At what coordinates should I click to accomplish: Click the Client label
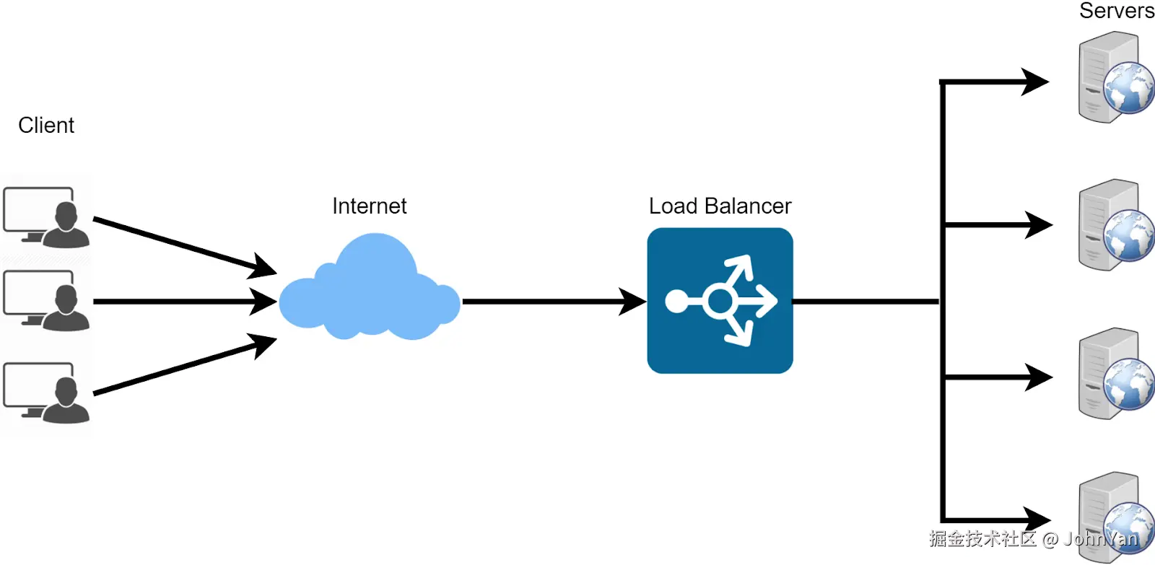pyautogui.click(x=46, y=126)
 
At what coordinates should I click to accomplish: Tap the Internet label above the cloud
pyautogui.click(x=369, y=206)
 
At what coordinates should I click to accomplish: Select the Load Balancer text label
pyautogui.click(x=720, y=206)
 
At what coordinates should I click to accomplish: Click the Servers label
pyautogui.click(x=1117, y=11)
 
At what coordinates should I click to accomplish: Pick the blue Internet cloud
pyautogui.click(x=369, y=286)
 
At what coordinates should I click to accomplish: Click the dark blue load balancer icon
pyautogui.click(x=720, y=301)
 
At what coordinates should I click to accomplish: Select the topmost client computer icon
pyautogui.click(x=46, y=217)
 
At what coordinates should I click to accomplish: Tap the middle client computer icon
pyautogui.click(x=46, y=301)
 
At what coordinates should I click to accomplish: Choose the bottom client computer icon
pyautogui.click(x=46, y=393)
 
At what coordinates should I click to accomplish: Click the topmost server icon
pyautogui.click(x=1116, y=77)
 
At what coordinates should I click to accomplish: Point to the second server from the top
pyautogui.click(x=1116, y=224)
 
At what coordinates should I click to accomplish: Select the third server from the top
pyautogui.click(x=1116, y=374)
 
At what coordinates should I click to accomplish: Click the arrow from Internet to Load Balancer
pyautogui.click(x=554, y=302)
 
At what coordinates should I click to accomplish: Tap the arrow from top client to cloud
pyautogui.click(x=185, y=246)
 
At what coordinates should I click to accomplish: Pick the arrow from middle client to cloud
pyautogui.click(x=185, y=302)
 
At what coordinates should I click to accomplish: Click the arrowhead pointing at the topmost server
pyautogui.click(x=1034, y=82)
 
